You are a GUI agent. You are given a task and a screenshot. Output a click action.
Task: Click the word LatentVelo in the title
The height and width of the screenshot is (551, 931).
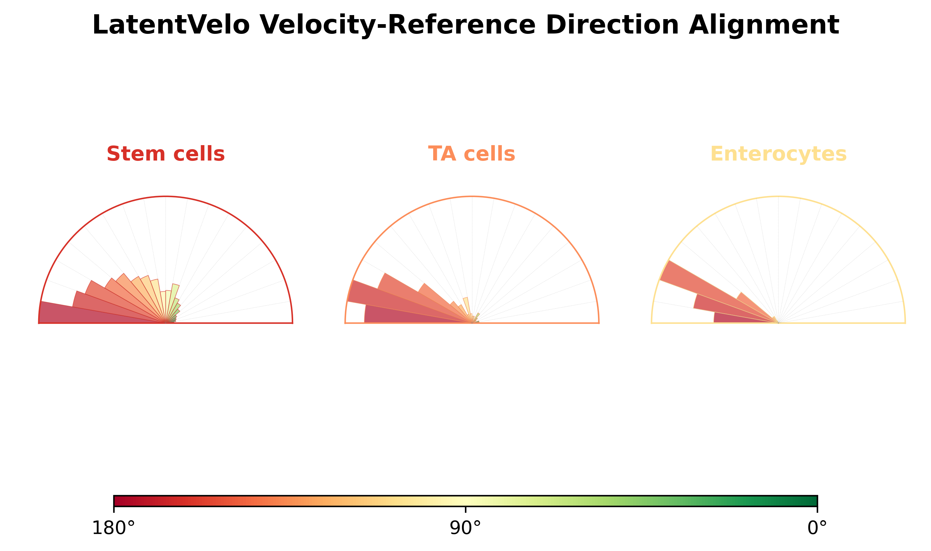[171, 25]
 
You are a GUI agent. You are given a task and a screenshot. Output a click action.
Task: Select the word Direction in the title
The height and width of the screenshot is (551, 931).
[612, 25]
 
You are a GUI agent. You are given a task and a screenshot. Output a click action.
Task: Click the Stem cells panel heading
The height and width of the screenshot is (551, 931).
[165, 154]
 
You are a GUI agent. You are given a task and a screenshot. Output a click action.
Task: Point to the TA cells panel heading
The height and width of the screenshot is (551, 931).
[472, 154]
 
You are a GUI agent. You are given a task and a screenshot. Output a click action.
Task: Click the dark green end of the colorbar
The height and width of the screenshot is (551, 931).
[813, 501]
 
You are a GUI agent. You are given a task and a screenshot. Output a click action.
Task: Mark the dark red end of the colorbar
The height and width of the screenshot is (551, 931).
[119, 501]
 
